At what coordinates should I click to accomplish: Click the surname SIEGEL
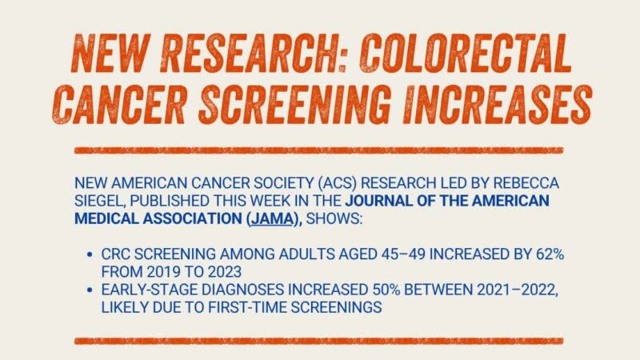point(96,200)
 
